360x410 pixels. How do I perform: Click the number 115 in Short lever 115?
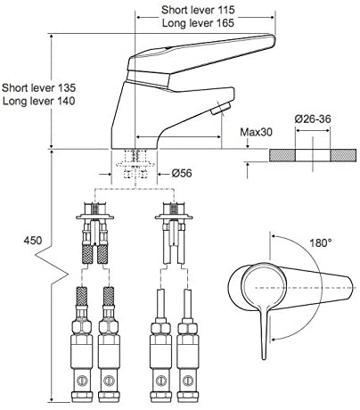(226, 10)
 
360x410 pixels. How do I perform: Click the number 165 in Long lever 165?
(225, 23)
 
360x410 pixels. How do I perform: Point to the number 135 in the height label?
(67, 88)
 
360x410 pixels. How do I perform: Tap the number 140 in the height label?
(66, 101)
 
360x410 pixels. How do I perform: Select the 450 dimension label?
(33, 241)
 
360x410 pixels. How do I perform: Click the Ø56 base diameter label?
(182, 173)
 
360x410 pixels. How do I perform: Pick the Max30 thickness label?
(256, 132)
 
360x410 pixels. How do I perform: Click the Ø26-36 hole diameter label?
(313, 119)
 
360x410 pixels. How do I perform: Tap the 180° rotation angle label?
(321, 243)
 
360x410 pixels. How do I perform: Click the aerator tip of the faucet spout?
(220, 109)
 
